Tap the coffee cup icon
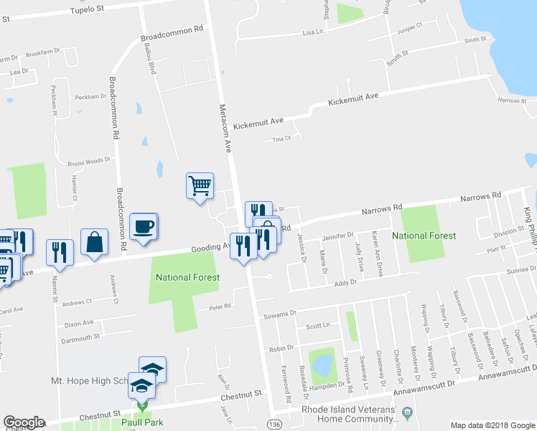tap(144, 226)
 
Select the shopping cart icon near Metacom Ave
tap(200, 186)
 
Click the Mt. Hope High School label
tap(89, 380)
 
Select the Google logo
tap(23, 422)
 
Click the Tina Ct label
tap(281, 139)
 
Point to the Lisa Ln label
tap(313, 32)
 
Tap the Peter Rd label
tap(219, 306)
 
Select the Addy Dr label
tap(346, 284)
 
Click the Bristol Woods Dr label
tap(89, 162)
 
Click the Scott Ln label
tap(317, 325)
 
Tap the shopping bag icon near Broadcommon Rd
tap(95, 242)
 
